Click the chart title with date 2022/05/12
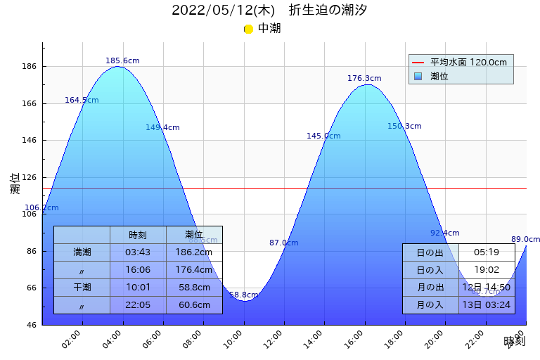pos(269,11)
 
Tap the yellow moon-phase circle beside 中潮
pos(248,29)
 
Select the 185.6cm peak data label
pos(122,61)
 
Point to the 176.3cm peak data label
pos(364,79)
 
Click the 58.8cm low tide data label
pos(243,295)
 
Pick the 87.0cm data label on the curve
pos(283,243)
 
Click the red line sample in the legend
pos(418,63)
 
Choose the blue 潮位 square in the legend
pos(418,76)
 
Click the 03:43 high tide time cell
pos(138,252)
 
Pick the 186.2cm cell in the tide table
pos(194,252)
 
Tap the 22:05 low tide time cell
pos(138,305)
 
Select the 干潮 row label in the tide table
pos(82,288)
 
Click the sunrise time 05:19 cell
pos(487,252)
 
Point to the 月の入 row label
pos(430,305)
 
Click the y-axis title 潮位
pos(15,184)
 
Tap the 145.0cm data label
pos(323,136)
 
